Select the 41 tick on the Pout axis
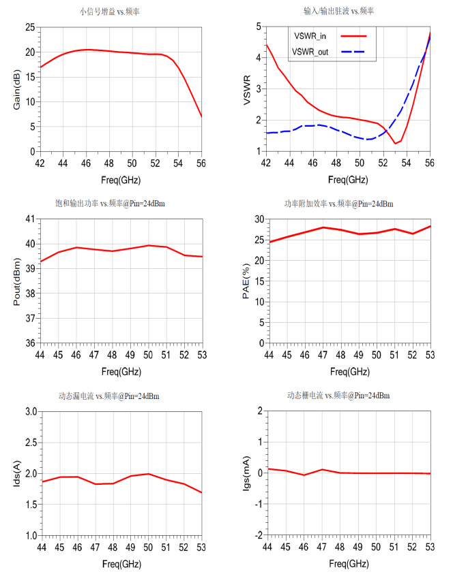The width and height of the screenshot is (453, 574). pos(30,219)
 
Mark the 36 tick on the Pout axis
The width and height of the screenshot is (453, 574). pos(30,342)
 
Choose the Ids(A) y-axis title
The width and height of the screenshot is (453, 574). pos(16,473)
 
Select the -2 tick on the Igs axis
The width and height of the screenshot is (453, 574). pos(257,535)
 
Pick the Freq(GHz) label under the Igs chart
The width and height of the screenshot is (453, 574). pos(349,564)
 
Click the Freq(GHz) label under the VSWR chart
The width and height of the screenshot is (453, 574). pos(348,180)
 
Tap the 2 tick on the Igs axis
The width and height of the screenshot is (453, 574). pos(259,412)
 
